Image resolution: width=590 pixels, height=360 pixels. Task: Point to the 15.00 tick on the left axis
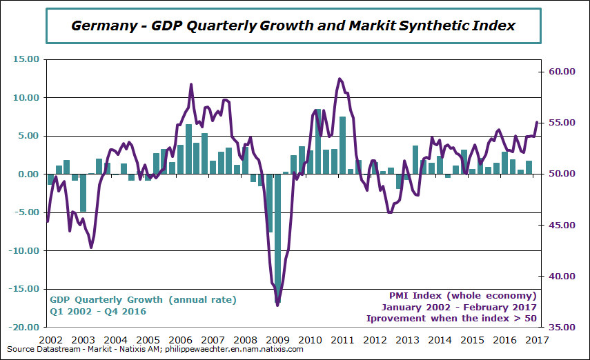point(26,59)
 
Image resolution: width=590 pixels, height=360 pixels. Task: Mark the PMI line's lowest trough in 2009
point(277,305)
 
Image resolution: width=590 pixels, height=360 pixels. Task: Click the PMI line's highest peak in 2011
point(340,79)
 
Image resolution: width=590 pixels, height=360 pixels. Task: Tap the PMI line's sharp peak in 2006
point(191,84)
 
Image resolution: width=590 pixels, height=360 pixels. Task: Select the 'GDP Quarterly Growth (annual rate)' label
point(142,300)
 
